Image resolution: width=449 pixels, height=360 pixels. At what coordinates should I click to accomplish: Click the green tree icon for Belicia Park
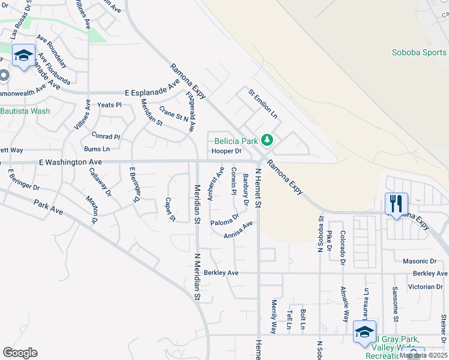[267, 141]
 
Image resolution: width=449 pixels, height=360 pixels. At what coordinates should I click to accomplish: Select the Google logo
[20, 353]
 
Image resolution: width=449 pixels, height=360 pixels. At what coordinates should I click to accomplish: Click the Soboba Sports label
[420, 52]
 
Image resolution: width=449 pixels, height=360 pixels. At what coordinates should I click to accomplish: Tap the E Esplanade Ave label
[152, 93]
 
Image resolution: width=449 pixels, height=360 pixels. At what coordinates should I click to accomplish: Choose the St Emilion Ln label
[263, 103]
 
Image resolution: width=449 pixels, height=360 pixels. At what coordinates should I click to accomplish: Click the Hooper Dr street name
[226, 151]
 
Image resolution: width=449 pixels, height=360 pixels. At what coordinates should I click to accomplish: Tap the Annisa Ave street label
[238, 230]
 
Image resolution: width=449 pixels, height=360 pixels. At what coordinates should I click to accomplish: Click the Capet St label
[170, 209]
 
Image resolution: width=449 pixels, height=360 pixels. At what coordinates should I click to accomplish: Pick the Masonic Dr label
[420, 262]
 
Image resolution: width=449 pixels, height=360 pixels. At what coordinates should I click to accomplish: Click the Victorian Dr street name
[424, 286]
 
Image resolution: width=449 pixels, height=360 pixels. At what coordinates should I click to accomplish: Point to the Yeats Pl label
[109, 104]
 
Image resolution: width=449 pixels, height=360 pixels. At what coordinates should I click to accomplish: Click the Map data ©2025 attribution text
[424, 355]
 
